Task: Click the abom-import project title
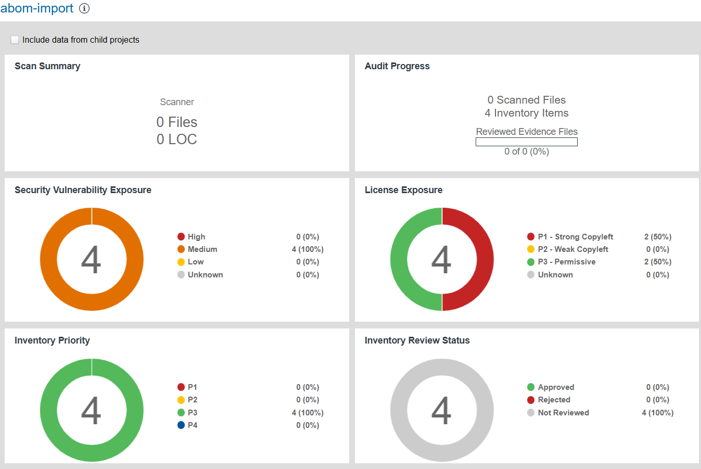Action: (37, 8)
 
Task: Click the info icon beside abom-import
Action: (84, 8)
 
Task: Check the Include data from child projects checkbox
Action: (15, 40)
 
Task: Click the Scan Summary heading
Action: (47, 66)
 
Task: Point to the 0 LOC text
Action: (177, 140)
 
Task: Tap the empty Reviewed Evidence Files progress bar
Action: (526, 142)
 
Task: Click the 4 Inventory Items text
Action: (526, 113)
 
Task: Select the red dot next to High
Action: (181, 237)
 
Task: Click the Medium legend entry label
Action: (202, 249)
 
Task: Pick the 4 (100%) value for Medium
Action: (308, 249)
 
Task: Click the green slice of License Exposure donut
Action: (399, 259)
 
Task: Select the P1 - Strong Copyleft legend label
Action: (575, 237)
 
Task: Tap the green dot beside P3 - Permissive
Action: (531, 262)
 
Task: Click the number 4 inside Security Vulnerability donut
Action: (91, 260)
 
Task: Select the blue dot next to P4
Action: (181, 425)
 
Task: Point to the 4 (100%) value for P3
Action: (308, 413)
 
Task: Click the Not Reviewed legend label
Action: (563, 413)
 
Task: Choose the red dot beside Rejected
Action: (531, 400)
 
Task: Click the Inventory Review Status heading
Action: (417, 340)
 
